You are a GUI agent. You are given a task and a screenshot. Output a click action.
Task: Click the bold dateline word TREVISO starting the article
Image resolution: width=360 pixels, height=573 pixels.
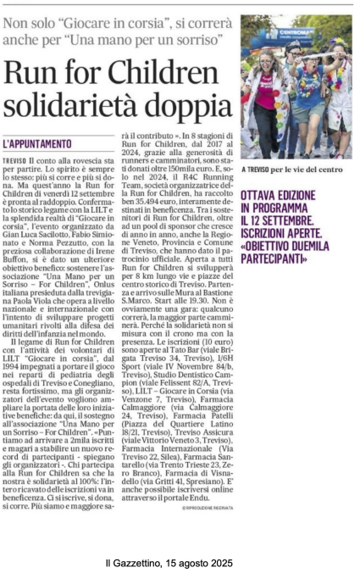click(x=38, y=159)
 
